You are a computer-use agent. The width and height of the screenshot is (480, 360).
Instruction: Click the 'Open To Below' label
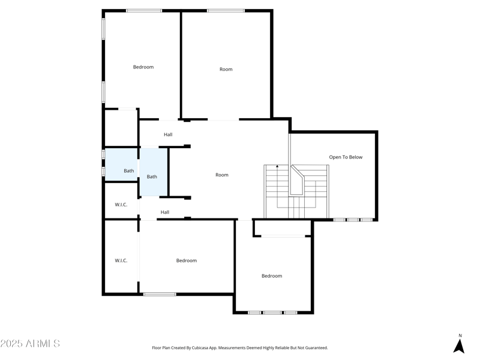346,157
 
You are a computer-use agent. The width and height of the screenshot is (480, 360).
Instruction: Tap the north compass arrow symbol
459,346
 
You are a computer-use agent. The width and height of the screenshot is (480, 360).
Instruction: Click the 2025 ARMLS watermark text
30,344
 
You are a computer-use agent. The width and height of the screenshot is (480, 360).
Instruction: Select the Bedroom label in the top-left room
143,67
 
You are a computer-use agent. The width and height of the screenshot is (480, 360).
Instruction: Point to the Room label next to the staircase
222,175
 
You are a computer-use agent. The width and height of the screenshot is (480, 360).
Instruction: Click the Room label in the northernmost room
226,70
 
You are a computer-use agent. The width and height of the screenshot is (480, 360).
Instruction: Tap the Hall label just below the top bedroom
168,135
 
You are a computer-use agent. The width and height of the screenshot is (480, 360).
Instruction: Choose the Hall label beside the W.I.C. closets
164,212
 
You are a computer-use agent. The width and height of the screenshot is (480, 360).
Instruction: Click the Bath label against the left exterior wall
129,171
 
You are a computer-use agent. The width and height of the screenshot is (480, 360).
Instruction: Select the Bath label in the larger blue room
152,177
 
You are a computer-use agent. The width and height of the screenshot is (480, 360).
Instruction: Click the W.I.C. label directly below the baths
121,205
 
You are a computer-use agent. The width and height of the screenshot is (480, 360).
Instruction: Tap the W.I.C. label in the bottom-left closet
121,261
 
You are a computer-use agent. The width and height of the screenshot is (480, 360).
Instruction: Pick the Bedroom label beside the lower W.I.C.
186,261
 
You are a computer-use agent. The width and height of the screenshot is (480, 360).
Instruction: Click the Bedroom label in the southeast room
271,276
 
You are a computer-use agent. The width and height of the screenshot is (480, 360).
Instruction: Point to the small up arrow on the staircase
277,166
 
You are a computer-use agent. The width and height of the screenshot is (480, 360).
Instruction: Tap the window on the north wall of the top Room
226,10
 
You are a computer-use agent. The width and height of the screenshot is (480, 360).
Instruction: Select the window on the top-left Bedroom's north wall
143,10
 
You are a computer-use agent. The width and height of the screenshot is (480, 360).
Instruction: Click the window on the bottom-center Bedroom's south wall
160,294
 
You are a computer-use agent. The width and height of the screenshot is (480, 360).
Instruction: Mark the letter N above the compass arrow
460,336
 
